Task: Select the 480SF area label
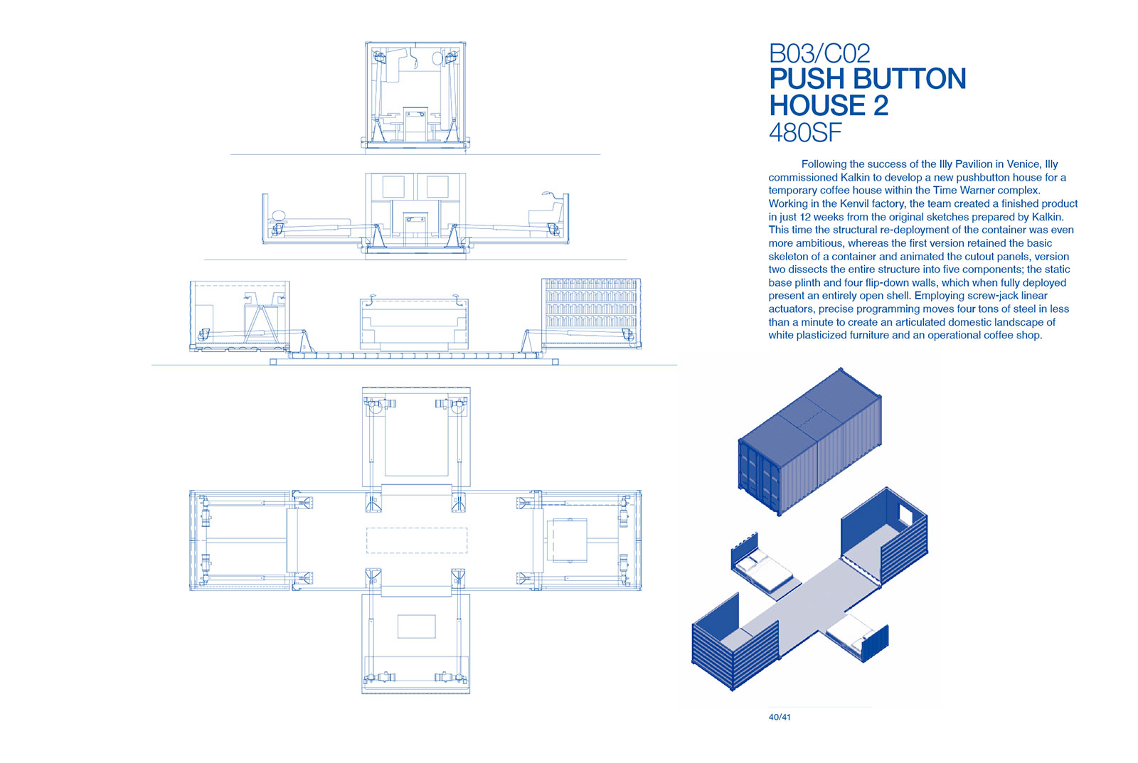(x=805, y=132)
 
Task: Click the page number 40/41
(x=780, y=717)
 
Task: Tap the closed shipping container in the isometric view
(x=810, y=441)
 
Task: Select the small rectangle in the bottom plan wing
(x=417, y=626)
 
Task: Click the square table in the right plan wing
(x=570, y=540)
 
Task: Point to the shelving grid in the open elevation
(x=590, y=303)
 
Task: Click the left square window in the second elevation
(x=393, y=186)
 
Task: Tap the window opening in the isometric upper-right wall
(x=905, y=515)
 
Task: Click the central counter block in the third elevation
(x=414, y=324)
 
